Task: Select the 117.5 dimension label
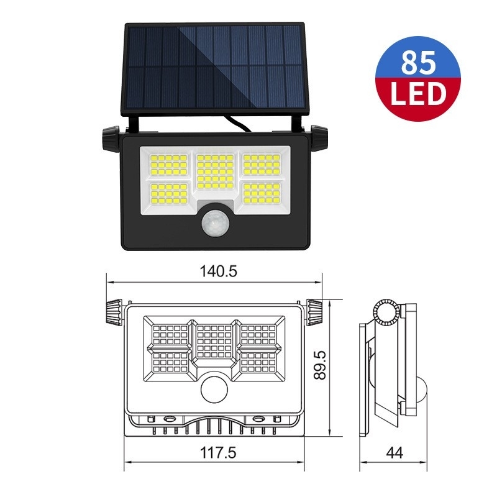(217, 454)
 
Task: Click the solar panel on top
(215, 68)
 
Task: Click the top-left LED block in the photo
(168, 165)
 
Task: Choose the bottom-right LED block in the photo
(262, 194)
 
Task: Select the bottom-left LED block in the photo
(168, 194)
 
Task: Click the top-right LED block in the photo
(262, 165)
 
